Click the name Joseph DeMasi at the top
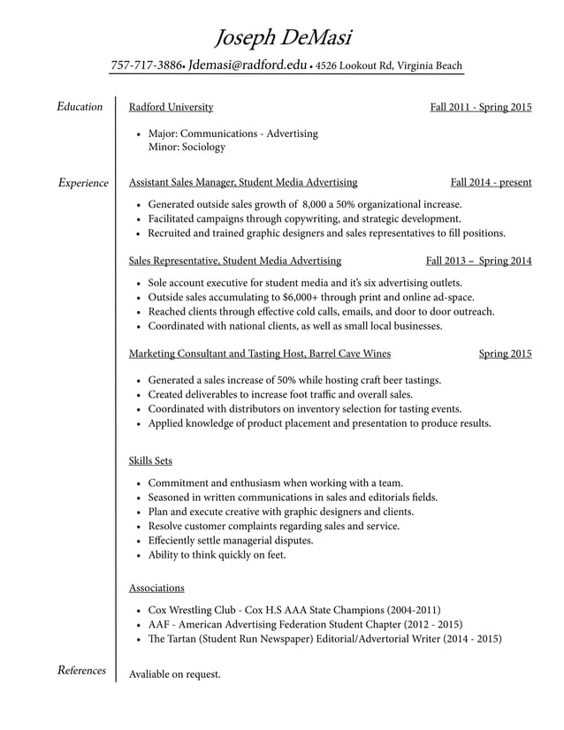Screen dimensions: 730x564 tap(283, 37)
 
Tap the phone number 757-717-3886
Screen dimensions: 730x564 tap(146, 65)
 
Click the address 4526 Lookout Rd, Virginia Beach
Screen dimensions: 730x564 tap(388, 65)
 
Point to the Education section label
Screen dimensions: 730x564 tap(80, 107)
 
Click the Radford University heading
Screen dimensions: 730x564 tap(171, 107)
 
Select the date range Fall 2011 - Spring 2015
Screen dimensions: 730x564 tap(481, 107)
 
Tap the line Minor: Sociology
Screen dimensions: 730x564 tap(187, 147)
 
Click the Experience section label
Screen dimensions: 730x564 tap(82, 183)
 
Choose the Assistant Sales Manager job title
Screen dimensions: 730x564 tap(243, 182)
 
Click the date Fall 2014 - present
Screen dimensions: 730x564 tap(491, 182)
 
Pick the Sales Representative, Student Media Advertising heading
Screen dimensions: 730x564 tap(235, 261)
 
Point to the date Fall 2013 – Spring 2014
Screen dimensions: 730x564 tap(478, 261)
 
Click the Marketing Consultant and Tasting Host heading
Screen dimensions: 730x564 tap(260, 354)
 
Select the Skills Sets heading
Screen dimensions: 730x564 tap(150, 460)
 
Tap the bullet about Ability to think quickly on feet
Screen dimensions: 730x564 tap(217, 555)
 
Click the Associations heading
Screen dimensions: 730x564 tap(156, 587)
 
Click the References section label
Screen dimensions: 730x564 tap(81, 671)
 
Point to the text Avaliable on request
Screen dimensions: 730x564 tap(174, 674)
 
